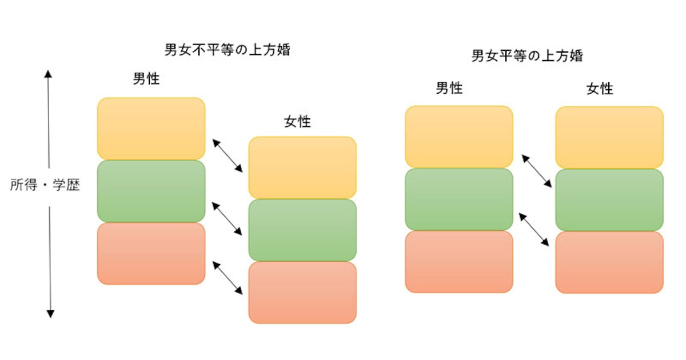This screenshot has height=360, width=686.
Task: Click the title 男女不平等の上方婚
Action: click(228, 50)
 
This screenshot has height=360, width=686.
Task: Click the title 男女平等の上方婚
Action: click(527, 56)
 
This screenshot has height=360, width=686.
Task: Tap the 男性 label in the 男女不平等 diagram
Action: click(146, 79)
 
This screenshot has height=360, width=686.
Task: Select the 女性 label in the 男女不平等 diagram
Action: click(297, 121)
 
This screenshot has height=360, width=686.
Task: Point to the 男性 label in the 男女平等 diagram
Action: click(449, 88)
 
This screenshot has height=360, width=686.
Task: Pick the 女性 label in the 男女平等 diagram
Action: click(600, 89)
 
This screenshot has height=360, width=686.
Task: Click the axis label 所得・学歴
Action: click(45, 186)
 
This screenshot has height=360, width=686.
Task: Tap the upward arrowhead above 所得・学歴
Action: click(49, 75)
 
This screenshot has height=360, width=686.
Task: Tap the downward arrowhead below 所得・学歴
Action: click(50, 313)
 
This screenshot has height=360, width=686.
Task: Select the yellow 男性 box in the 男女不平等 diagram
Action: click(151, 129)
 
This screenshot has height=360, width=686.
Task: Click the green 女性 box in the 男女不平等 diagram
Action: click(302, 230)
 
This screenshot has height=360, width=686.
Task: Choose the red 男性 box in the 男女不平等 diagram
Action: click(151, 253)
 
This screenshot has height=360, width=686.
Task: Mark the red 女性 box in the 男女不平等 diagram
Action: click(302, 292)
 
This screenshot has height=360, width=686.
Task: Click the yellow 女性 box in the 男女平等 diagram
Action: click(609, 137)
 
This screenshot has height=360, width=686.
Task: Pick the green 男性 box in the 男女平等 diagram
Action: click(458, 199)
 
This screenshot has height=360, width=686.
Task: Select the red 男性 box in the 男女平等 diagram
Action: click(458, 261)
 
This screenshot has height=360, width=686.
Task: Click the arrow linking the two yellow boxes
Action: click(228, 155)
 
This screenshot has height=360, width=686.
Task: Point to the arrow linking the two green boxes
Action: click(228, 218)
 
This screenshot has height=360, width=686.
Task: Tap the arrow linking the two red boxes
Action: click(228, 278)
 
